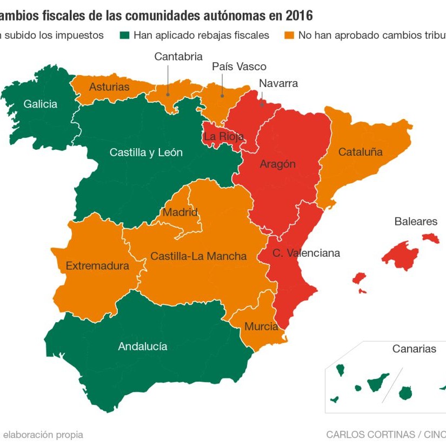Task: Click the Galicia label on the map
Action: click(40, 104)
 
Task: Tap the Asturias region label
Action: click(109, 87)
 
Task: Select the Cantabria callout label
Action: click(178, 57)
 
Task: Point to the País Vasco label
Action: click(239, 66)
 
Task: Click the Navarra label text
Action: click(278, 83)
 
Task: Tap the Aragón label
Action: click(278, 164)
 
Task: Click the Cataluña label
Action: click(360, 152)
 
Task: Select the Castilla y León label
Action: click(146, 152)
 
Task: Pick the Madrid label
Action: click(180, 212)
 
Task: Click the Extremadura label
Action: click(97, 266)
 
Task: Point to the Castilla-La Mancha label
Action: click(198, 256)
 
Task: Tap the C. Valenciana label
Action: click(306, 253)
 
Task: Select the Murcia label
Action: click(261, 327)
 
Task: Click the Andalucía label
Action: click(143, 347)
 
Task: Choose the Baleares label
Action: click(416, 222)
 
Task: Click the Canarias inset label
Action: click(414, 349)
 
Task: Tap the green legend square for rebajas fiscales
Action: click(124, 35)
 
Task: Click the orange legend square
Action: click(290, 35)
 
